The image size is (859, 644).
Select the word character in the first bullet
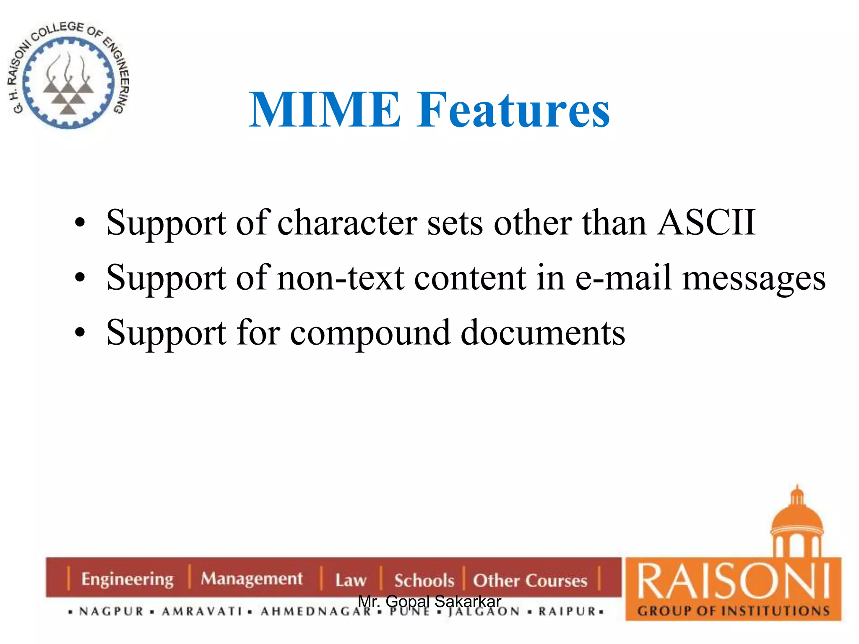pyautogui.click(x=347, y=222)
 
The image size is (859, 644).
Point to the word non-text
pyautogui.click(x=341, y=278)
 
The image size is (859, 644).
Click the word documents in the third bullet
pyautogui.click(x=543, y=333)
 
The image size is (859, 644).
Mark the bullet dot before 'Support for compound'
pyautogui.click(x=80, y=333)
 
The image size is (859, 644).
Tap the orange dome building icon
pyautogui.click(x=797, y=524)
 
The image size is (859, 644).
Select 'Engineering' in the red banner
pyautogui.click(x=127, y=579)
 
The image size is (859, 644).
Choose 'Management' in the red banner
pyautogui.click(x=252, y=579)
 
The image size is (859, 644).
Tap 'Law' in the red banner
pyautogui.click(x=351, y=580)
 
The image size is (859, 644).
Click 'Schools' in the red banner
pyautogui.click(x=424, y=581)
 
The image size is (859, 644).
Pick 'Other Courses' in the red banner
pyautogui.click(x=530, y=581)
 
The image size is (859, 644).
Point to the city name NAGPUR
pyautogui.click(x=112, y=612)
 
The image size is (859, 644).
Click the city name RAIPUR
pyautogui.click(x=567, y=612)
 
